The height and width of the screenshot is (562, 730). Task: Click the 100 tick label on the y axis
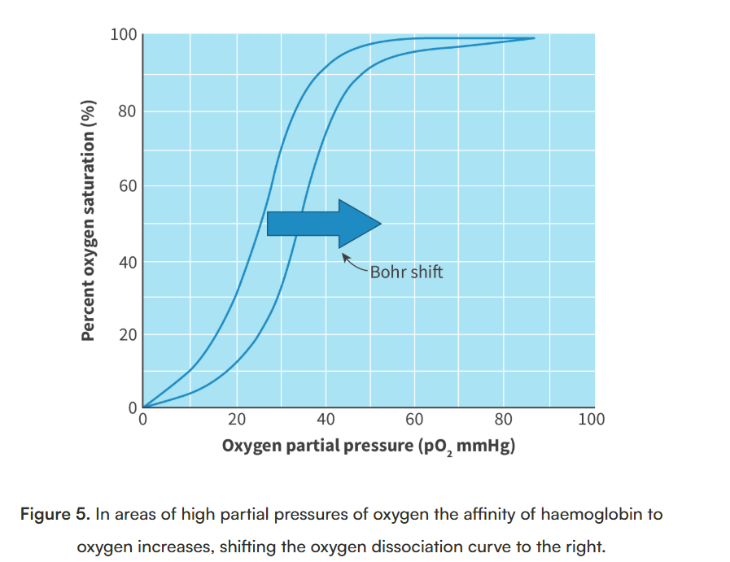(x=124, y=34)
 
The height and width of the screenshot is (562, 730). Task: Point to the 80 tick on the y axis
(x=126, y=111)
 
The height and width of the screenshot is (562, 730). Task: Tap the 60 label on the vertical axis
(x=126, y=186)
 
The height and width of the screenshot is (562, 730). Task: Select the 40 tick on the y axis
(x=126, y=262)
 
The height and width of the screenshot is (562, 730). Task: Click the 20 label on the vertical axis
(x=126, y=335)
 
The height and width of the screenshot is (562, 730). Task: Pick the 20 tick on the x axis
(x=237, y=420)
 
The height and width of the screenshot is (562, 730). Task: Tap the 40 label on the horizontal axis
(x=326, y=420)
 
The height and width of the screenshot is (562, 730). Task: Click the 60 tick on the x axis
(x=414, y=420)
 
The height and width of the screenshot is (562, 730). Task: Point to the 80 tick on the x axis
(x=504, y=420)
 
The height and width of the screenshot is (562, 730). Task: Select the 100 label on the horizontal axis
(x=592, y=420)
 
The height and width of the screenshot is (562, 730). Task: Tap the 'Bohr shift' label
(x=406, y=272)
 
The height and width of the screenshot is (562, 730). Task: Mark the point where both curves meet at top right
(x=534, y=38)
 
